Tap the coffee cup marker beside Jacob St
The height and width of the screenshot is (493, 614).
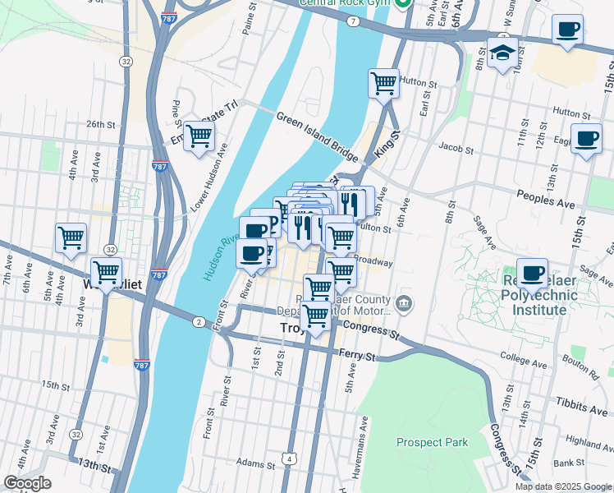point(585,141)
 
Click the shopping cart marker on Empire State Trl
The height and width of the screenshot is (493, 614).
point(199,138)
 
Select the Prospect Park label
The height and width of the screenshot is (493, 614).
point(432,442)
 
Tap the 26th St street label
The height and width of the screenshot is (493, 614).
point(103,124)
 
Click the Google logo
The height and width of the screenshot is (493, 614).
point(27,483)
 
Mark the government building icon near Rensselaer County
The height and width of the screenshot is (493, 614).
point(404,305)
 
